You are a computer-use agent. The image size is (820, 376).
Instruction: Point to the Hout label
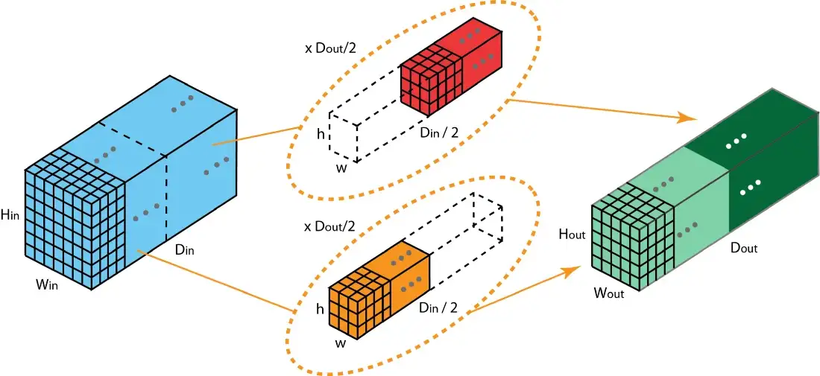[572, 235]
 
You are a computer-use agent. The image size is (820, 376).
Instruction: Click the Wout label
[608, 293]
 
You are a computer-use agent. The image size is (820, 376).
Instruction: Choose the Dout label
[742, 248]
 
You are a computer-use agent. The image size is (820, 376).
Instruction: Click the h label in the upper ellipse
[320, 135]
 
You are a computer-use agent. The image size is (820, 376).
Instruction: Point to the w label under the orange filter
[340, 343]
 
